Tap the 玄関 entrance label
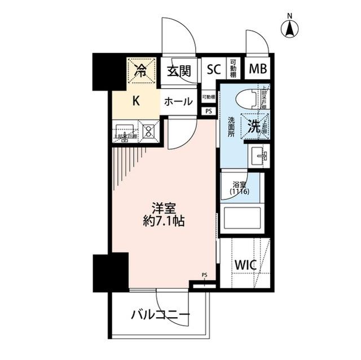[179, 70]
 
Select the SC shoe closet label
[213, 70]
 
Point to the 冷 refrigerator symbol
[141, 70]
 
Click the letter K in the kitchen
[135, 101]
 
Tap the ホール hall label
[179, 102]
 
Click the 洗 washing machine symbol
[254, 126]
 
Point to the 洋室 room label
[164, 207]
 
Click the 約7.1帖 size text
[164, 221]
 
